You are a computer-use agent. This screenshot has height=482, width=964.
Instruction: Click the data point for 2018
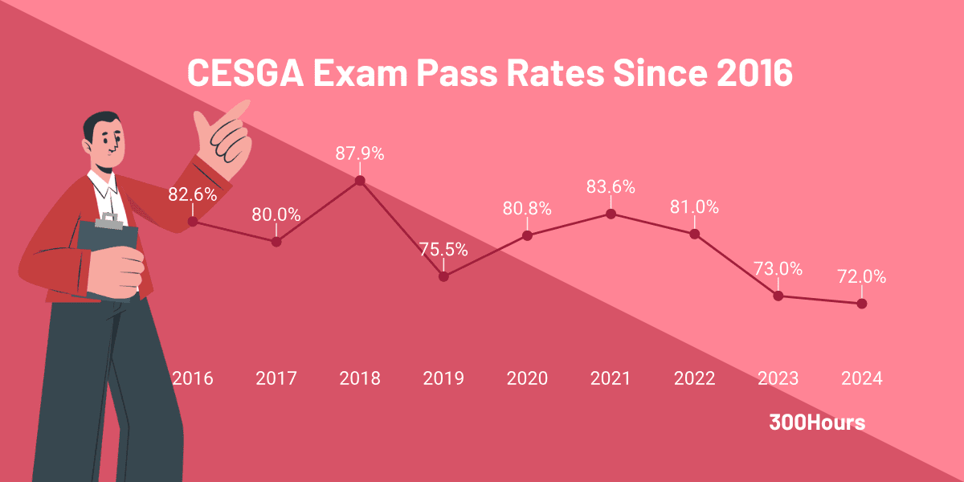(360, 180)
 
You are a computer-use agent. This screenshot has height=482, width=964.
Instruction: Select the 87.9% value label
(360, 153)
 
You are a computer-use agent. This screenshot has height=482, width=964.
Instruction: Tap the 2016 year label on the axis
(193, 378)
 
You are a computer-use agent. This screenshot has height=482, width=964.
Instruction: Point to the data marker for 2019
(443, 276)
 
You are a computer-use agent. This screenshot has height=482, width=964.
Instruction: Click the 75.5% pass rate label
(443, 249)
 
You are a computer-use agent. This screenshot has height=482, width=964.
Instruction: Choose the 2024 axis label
(861, 378)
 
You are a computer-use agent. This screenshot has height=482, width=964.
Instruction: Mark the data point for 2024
(862, 304)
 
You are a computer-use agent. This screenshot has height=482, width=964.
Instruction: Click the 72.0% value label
(861, 277)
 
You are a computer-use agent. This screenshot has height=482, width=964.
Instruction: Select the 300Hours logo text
(817, 423)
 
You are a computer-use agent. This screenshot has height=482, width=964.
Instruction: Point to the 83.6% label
(611, 187)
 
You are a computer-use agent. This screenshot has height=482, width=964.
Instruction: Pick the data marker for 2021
(611, 214)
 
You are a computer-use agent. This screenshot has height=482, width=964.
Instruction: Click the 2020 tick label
(527, 378)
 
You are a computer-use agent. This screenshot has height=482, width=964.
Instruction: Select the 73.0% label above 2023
(778, 269)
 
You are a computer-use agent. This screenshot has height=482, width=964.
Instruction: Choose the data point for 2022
(694, 234)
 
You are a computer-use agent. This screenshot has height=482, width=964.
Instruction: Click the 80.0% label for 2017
(276, 214)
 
